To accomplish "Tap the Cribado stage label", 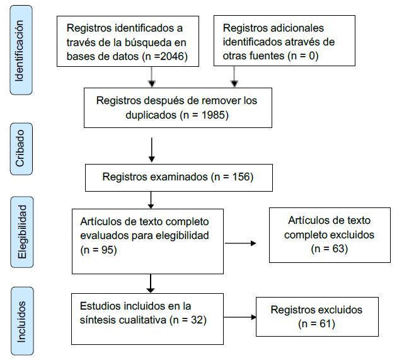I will click(20, 150).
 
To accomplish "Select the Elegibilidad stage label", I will click(20, 231).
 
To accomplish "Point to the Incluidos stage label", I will click(20, 319).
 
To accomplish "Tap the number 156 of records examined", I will click(238, 177).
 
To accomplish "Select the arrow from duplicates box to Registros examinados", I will click(151, 149).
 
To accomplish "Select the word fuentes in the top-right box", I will click(263, 57).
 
